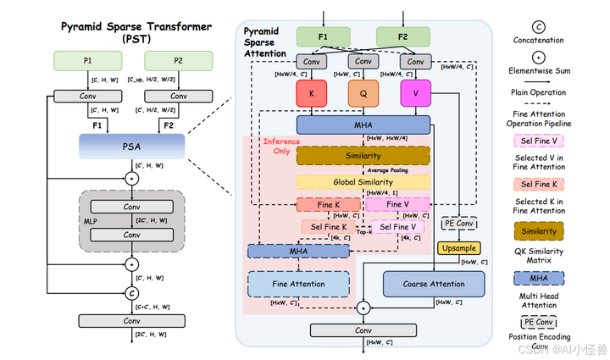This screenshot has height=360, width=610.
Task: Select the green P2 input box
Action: (x=179, y=60)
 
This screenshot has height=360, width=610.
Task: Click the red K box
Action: (x=312, y=94)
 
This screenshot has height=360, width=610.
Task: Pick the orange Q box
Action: (x=363, y=94)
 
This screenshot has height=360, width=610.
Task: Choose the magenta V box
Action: (x=415, y=94)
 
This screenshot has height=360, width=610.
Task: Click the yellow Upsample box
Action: (x=457, y=248)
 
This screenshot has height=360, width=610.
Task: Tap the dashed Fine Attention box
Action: (x=298, y=285)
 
